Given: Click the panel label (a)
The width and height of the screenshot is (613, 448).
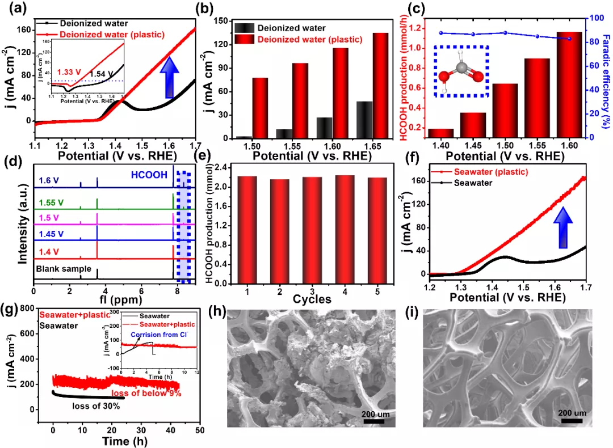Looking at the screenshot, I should (x=12, y=8).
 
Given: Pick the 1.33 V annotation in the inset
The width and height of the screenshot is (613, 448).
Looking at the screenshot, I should (x=70, y=72).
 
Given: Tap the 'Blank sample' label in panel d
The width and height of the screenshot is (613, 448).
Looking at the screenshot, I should (x=60, y=269).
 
